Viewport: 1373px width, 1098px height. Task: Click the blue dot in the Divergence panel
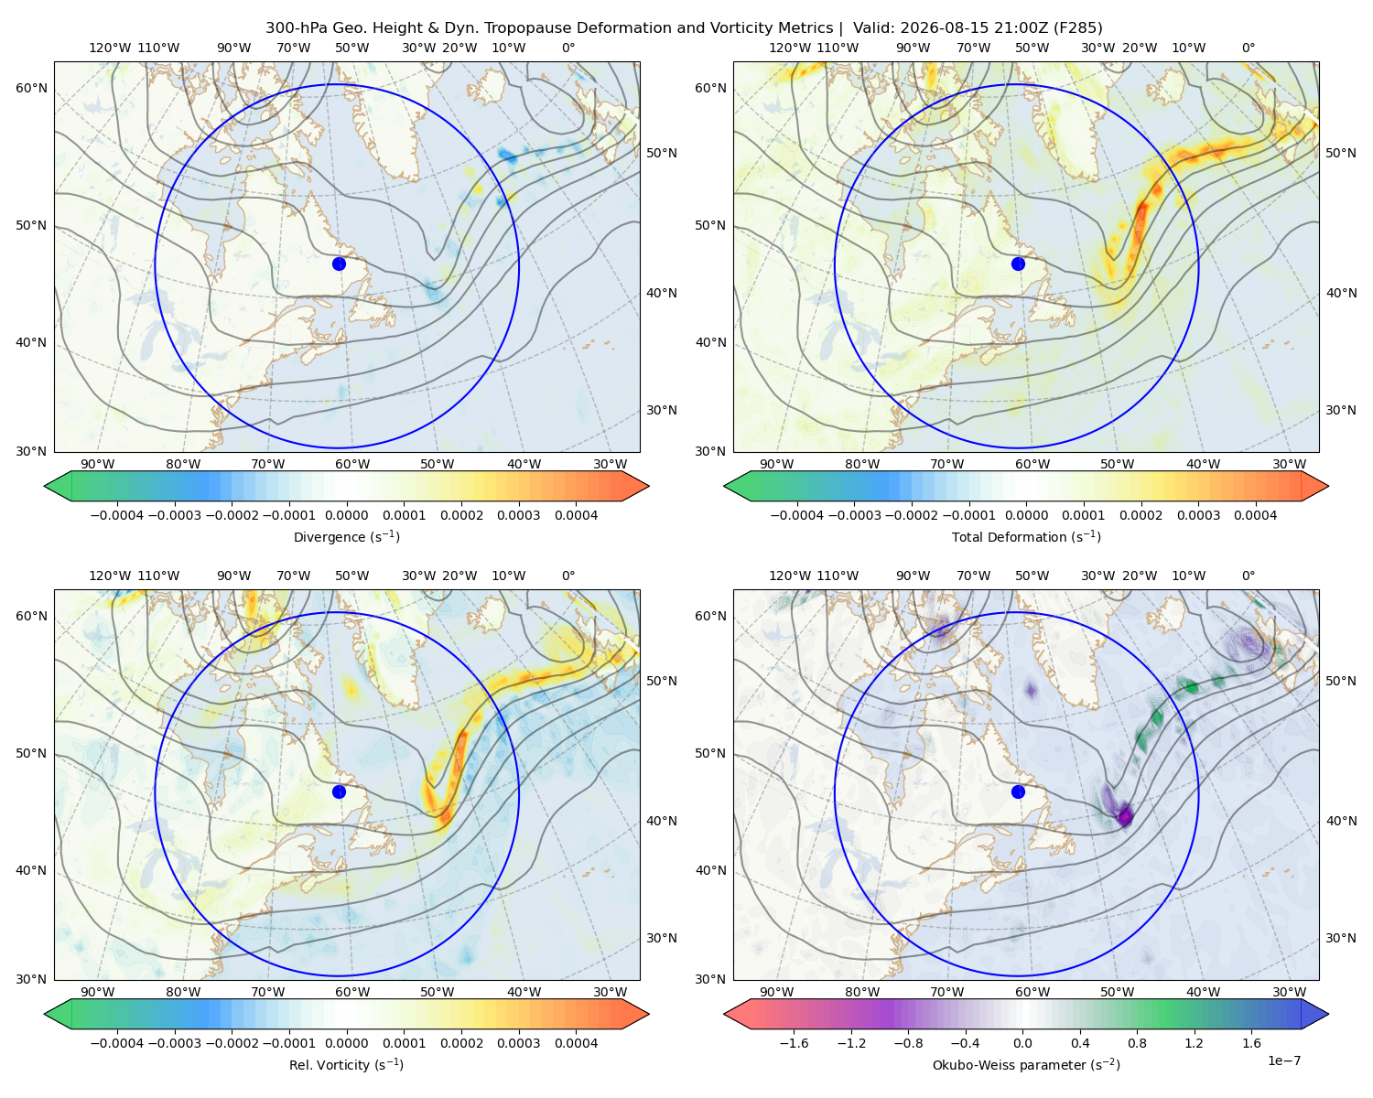339,264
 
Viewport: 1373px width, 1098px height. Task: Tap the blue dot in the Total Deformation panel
1018,264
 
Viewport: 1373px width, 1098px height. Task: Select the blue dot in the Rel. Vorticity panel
339,791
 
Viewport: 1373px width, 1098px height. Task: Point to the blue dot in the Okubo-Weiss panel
1018,791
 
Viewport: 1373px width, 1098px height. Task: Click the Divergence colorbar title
346,536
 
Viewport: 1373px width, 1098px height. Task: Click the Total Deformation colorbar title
1026,536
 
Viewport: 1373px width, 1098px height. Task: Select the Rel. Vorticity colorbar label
346,1064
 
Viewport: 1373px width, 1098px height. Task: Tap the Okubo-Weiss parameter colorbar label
1026,1064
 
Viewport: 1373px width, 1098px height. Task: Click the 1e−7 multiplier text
1283,1060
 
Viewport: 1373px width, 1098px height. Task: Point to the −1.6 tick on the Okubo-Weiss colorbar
794,1042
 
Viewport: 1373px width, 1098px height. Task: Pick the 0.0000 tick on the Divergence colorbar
346,515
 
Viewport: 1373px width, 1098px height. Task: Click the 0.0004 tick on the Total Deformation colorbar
1255,515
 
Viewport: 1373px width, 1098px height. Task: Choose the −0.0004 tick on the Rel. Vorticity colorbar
117,1042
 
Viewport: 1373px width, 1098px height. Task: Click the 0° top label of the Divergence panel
568,48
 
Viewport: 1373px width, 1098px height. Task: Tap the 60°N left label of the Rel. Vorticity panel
31,616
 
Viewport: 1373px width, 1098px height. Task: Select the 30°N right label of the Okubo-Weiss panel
1340,938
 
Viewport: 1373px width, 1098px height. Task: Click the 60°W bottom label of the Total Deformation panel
1032,464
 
